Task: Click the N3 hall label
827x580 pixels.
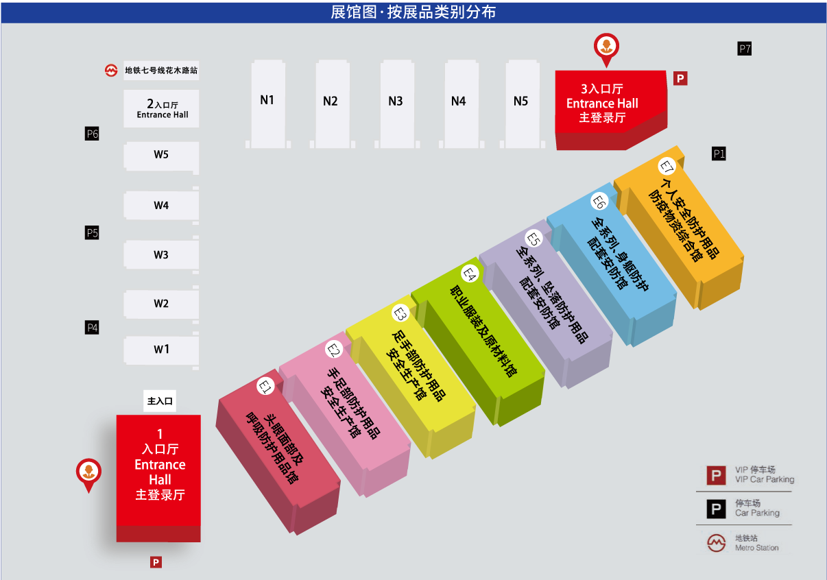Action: tap(396, 101)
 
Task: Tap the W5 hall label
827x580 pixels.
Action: tap(161, 154)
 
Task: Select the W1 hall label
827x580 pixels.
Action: tap(161, 349)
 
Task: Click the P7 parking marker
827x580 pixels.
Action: tap(744, 49)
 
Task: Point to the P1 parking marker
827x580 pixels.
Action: tap(719, 154)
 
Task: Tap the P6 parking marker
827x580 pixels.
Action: tap(92, 134)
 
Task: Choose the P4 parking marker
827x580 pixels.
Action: tap(92, 328)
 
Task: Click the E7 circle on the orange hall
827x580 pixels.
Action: tap(667, 167)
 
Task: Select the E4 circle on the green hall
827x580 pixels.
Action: tap(470, 274)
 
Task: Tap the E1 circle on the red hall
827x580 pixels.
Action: tap(265, 387)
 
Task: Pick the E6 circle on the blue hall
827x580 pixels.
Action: tap(599, 202)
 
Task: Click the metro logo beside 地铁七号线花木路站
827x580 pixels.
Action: tap(111, 70)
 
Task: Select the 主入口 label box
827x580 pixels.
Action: tap(160, 401)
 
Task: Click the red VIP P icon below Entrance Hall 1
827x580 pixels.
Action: tap(156, 562)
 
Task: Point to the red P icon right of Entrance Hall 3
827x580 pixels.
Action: tap(680, 78)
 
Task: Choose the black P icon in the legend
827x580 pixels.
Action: tap(716, 509)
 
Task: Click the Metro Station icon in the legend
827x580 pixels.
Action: tap(716, 543)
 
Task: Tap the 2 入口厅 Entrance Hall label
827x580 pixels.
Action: tap(162, 108)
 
